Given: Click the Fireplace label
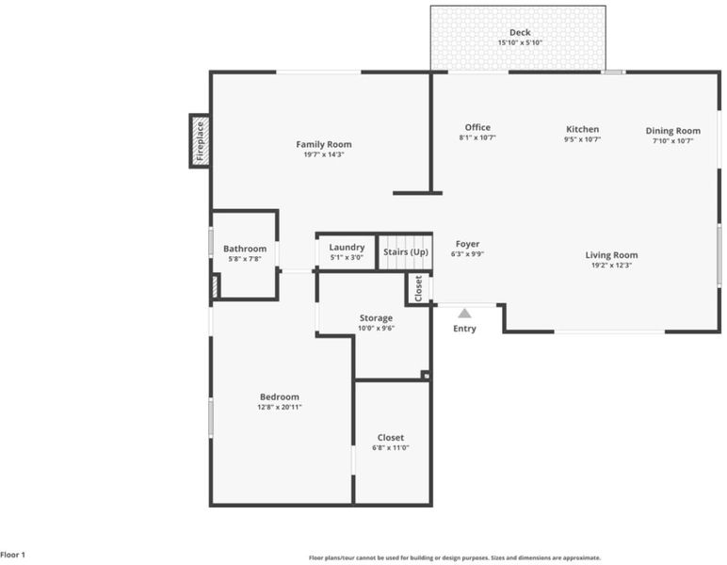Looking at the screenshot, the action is [x=200, y=141].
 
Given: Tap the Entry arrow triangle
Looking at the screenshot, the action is [x=464, y=314].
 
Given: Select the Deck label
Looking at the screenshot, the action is [x=520, y=32].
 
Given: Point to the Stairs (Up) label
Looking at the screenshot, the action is [x=406, y=252].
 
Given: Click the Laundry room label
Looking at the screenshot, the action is [x=347, y=248].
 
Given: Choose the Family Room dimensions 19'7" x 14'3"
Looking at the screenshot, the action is [x=324, y=154].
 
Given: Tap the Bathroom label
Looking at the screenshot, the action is [x=245, y=249].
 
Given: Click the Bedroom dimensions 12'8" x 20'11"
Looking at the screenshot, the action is [x=280, y=408].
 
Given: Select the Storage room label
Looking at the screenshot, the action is [x=376, y=318].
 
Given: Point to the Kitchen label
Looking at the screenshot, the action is [x=582, y=129].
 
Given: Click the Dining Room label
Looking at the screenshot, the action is [x=672, y=131].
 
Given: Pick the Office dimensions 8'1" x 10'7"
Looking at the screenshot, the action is [x=477, y=137].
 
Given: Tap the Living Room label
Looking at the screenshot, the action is [x=611, y=255].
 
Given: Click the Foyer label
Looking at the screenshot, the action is [x=467, y=244].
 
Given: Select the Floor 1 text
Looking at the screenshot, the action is [x=13, y=555].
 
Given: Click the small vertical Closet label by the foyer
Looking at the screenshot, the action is [x=419, y=289].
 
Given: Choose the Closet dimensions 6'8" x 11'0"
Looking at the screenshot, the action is [x=391, y=448].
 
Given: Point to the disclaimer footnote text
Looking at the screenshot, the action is [x=455, y=558].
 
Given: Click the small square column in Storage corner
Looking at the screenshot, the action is [x=426, y=375].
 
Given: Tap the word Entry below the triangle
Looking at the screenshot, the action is [x=464, y=329].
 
